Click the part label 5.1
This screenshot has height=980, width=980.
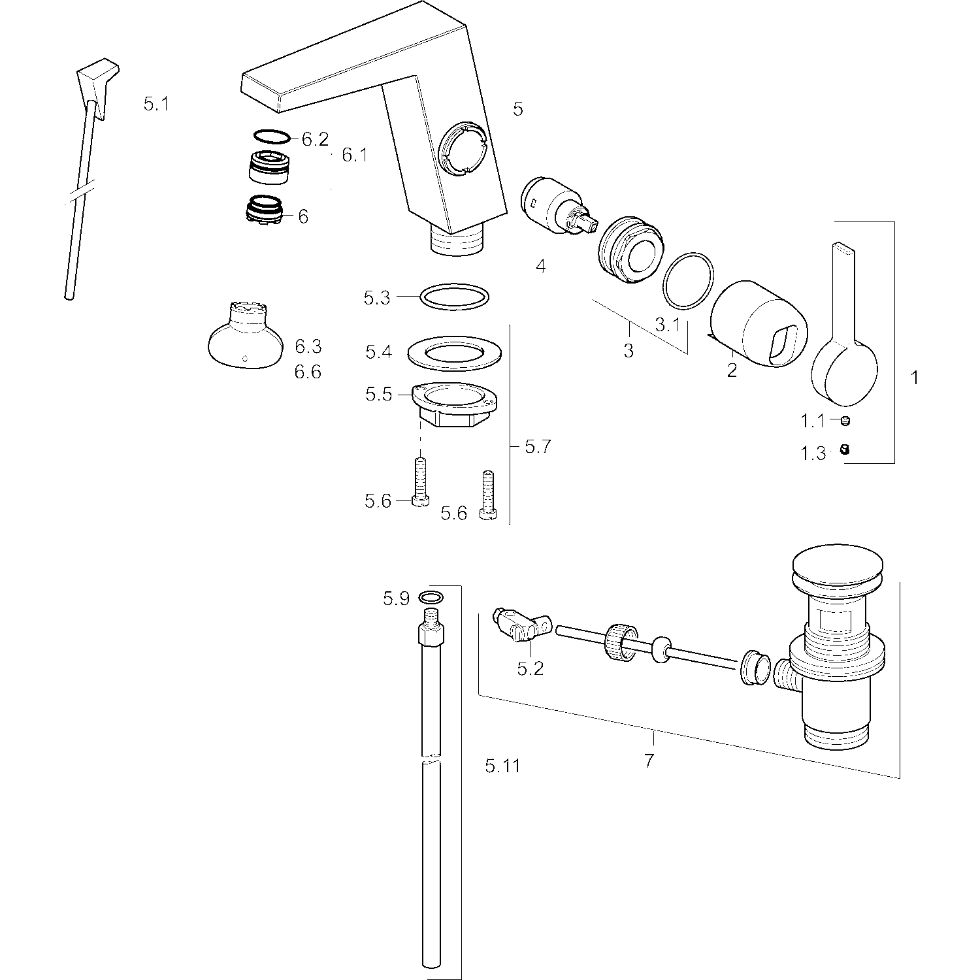[x=156, y=103]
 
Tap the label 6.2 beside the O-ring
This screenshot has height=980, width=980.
[x=315, y=139]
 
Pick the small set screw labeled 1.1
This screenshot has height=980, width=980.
[x=845, y=421]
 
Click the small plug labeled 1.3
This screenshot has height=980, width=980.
[x=844, y=449]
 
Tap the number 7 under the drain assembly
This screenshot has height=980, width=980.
[x=649, y=760]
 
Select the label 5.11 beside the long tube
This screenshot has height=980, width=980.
[x=503, y=766]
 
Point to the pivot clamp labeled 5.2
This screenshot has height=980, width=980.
[x=521, y=625]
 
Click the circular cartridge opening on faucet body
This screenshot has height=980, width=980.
[x=463, y=151]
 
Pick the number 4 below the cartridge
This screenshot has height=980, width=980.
[x=540, y=266]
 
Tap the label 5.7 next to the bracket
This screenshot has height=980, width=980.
[x=538, y=447]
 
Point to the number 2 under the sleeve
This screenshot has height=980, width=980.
[x=732, y=370]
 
